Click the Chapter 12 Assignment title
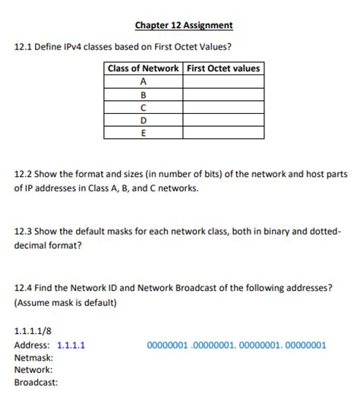click(x=184, y=26)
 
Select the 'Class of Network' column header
click(x=144, y=68)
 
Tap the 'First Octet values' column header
click(x=223, y=68)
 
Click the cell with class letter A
click(x=144, y=81)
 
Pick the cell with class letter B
click(x=144, y=94)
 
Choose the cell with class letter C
click(x=144, y=107)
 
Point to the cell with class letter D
click(x=144, y=120)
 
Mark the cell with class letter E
click(x=144, y=133)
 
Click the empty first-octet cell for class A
click(x=223, y=81)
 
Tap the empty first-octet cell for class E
click(x=223, y=133)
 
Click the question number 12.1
click(x=22, y=47)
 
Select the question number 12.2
click(x=22, y=174)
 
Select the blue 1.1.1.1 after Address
click(x=71, y=345)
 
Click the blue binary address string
click(x=236, y=345)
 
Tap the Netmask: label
click(x=33, y=357)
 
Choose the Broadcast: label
click(x=36, y=383)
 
